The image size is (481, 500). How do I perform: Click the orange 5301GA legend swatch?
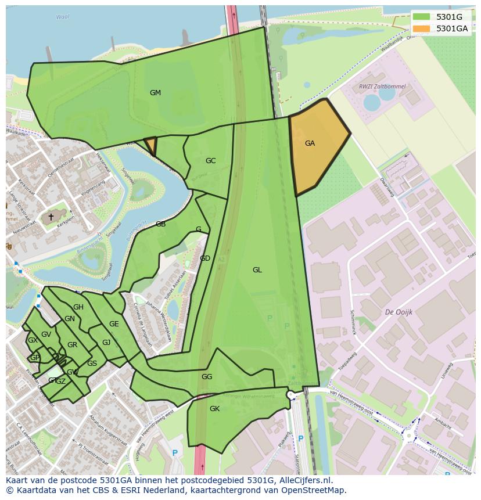pyautogui.click(x=422, y=28)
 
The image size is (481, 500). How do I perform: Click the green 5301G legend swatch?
pyautogui.click(x=422, y=17)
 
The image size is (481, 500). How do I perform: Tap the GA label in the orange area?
pyautogui.click(x=310, y=143)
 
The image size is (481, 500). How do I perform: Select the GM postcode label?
pyautogui.click(x=155, y=93)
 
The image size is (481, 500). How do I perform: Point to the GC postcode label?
pyautogui.click(x=210, y=161)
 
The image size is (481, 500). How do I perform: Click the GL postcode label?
pyautogui.click(x=257, y=270)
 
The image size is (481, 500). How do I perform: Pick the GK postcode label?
pyautogui.click(x=214, y=409)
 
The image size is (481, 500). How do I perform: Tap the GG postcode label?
pyautogui.click(x=207, y=377)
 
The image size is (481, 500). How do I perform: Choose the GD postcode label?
pyautogui.click(x=205, y=258)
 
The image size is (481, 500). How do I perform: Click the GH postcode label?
pyautogui.click(x=78, y=307)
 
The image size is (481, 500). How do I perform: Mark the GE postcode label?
pyautogui.click(x=114, y=324)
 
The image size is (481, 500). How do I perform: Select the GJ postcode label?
pyautogui.click(x=106, y=343)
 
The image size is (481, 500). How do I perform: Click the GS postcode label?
pyautogui.click(x=92, y=364)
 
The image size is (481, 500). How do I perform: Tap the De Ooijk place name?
pyautogui.click(x=399, y=312)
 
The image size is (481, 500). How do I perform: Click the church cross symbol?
pyautogui.click(x=51, y=217)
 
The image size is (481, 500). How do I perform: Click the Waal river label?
pyautogui.click(x=62, y=17)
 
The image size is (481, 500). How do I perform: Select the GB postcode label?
pyautogui.click(x=160, y=224)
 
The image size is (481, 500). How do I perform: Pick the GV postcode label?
pyautogui.click(x=46, y=334)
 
